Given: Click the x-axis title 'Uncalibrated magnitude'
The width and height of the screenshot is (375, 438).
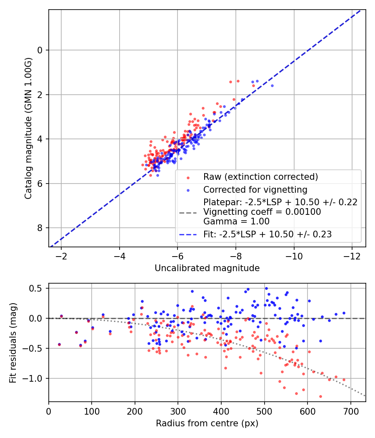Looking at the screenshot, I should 207,268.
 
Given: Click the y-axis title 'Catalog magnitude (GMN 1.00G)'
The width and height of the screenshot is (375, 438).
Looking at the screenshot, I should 28,128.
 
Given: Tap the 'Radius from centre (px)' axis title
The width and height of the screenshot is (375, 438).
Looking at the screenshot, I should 207,423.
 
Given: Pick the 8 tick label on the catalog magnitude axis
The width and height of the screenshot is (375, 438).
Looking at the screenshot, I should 40,228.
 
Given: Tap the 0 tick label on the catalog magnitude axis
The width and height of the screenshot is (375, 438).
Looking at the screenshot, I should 40,50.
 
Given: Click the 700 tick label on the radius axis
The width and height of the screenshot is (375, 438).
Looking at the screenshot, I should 350,410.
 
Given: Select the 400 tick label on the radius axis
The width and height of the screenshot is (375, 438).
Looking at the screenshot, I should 221,410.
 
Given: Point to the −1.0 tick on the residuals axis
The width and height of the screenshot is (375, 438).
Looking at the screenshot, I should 35,378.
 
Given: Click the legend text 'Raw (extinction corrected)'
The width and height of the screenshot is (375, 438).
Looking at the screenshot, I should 260,177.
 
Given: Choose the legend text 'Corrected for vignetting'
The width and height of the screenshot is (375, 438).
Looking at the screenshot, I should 255,190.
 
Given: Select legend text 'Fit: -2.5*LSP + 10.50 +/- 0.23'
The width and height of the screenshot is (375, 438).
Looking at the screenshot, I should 267,234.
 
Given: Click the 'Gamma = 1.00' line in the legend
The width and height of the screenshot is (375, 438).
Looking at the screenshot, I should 236,222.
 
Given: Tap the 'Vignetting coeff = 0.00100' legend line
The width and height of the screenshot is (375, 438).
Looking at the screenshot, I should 262,212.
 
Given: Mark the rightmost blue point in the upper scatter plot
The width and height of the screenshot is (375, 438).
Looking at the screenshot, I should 272,86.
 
